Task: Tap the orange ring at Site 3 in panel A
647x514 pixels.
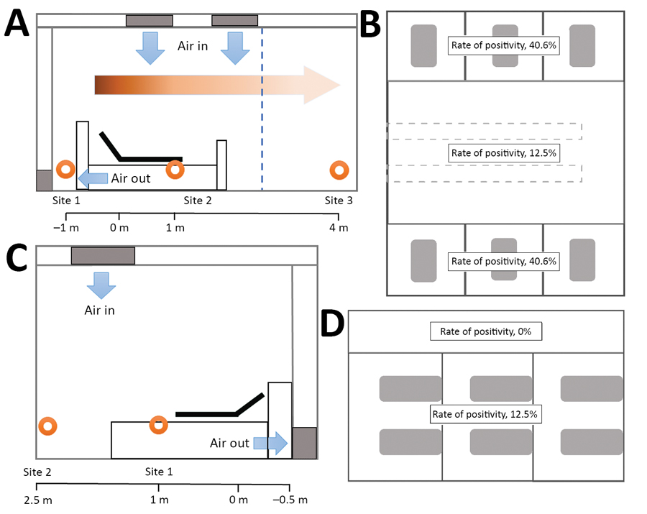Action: click(339, 170)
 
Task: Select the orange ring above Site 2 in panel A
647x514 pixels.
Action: click(175, 170)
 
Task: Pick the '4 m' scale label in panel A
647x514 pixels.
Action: click(339, 229)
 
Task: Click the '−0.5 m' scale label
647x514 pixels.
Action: click(292, 500)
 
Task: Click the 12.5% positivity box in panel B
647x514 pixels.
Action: click(503, 153)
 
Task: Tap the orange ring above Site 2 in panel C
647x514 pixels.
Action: click(48, 426)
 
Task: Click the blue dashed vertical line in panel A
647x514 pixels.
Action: click(262, 108)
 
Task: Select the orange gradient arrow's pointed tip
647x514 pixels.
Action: click(339, 84)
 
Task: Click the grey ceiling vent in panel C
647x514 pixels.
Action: click(103, 255)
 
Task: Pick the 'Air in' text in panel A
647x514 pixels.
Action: click(193, 45)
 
